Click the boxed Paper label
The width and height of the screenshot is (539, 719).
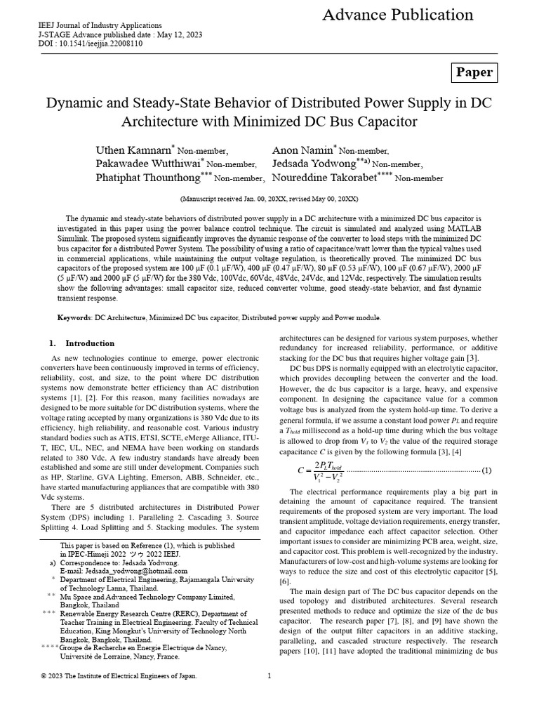(474, 72)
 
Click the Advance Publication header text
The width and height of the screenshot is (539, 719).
(398, 15)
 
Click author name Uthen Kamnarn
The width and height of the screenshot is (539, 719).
(133, 151)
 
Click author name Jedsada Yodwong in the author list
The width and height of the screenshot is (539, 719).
(313, 164)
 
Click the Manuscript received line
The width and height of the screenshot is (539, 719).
(269, 199)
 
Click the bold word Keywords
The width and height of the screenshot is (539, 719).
(74, 318)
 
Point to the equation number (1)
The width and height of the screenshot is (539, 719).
(486, 470)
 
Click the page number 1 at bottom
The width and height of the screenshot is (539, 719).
(269, 675)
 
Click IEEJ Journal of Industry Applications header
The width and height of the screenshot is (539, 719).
(100, 25)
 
